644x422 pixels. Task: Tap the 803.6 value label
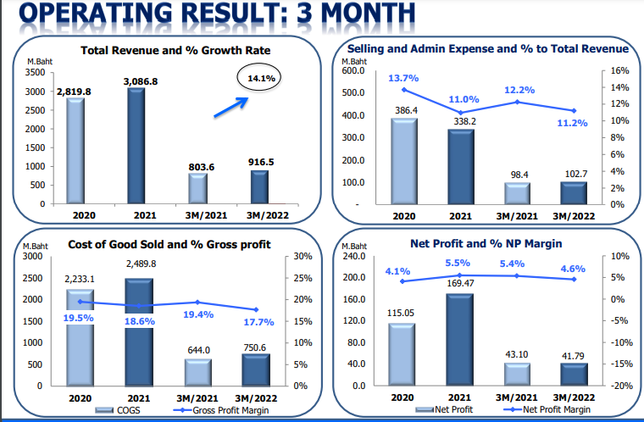(201, 167)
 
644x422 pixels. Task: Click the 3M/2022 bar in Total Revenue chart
(258, 187)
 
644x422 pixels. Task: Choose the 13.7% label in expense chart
(403, 78)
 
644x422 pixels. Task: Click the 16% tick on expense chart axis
(619, 71)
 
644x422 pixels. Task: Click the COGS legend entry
(119, 410)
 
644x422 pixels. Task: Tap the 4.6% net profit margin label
(575, 269)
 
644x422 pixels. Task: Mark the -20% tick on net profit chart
(619, 386)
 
